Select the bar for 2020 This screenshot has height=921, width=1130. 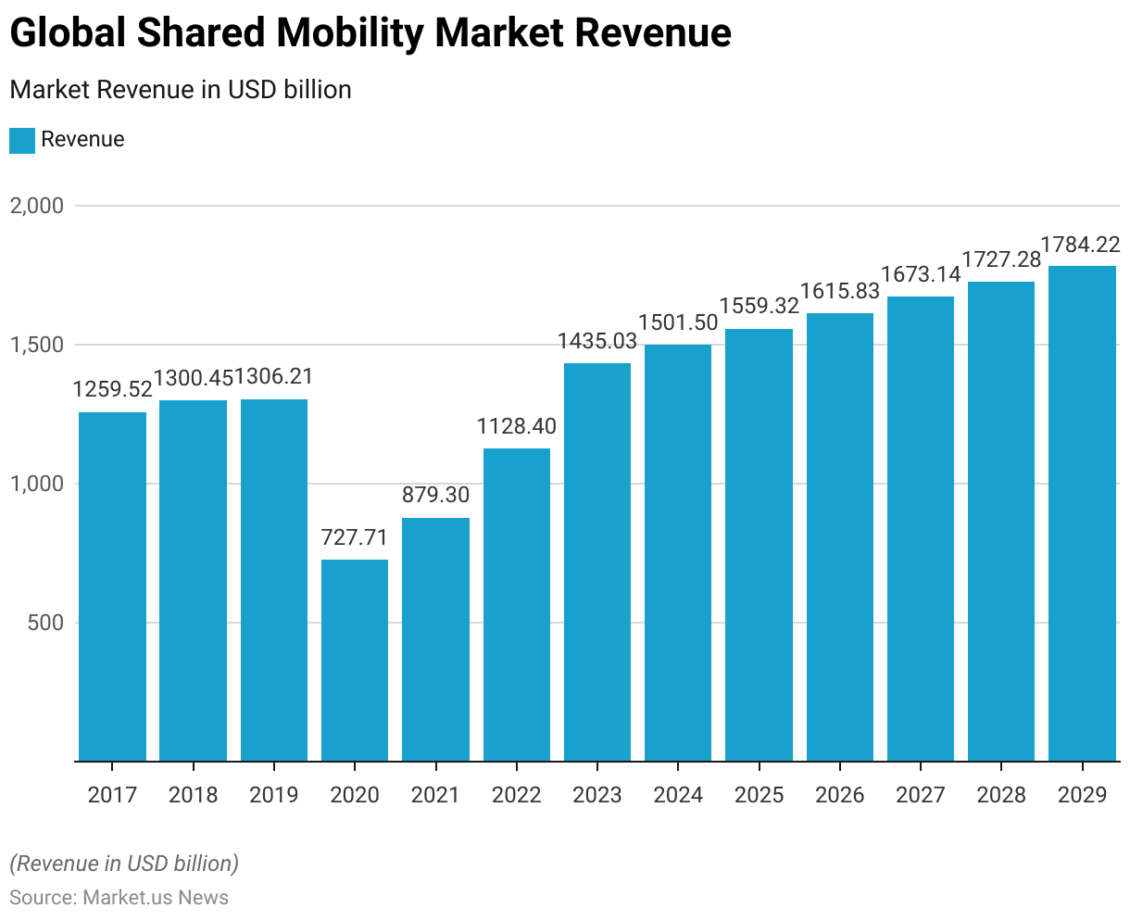click(x=355, y=660)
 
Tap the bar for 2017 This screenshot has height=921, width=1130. click(x=112, y=587)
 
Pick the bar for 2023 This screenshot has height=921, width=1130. click(x=597, y=561)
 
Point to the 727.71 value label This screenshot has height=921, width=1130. click(x=355, y=537)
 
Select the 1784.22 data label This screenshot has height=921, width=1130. click(x=1081, y=245)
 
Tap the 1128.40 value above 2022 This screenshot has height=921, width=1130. click(x=517, y=426)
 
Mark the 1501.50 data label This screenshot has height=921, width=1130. click(x=678, y=322)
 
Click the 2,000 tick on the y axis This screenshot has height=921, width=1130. click(x=37, y=206)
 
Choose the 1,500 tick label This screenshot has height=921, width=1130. click(x=37, y=345)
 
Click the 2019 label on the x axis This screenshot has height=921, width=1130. click(x=274, y=795)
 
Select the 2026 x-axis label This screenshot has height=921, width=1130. click(x=840, y=795)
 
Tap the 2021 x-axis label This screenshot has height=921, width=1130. click(x=435, y=795)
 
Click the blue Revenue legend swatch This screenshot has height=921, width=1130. click(x=22, y=140)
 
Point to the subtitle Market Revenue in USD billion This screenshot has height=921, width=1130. click(x=181, y=90)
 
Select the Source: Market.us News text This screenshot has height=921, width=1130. click(x=119, y=897)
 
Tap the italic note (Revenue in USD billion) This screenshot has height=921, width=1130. click(x=124, y=864)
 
